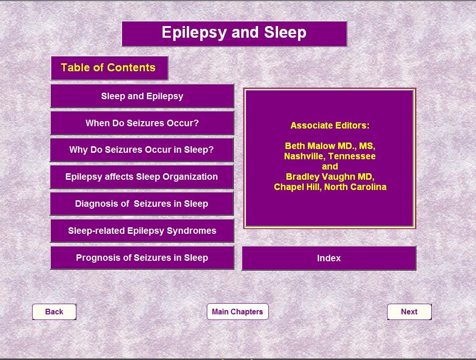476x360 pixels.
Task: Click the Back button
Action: click(54, 312)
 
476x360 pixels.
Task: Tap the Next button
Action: click(409, 312)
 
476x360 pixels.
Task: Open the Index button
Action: click(329, 258)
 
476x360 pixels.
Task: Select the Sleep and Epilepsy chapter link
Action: click(142, 96)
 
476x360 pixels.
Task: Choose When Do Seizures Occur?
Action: click(142, 123)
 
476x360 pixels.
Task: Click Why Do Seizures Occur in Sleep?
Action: click(142, 149)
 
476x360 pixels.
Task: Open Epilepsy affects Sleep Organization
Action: click(142, 177)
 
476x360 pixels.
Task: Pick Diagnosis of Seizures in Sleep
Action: click(142, 204)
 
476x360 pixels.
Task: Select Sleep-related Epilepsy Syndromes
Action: click(142, 231)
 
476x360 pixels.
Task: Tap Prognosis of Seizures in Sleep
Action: click(142, 258)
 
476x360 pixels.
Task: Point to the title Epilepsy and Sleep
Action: click(234, 33)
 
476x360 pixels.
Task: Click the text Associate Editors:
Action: click(330, 125)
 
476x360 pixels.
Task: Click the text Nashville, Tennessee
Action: click(330, 156)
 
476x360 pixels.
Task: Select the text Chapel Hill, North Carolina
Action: click(330, 187)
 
